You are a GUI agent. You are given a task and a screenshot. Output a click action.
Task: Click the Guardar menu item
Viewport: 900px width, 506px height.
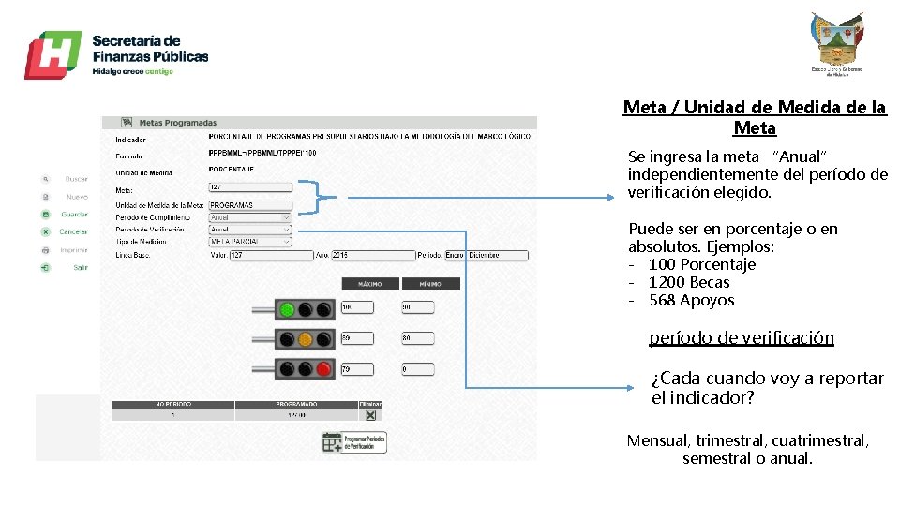[x=74, y=214]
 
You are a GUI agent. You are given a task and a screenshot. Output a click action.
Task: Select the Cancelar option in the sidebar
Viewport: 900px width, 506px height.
[x=73, y=231]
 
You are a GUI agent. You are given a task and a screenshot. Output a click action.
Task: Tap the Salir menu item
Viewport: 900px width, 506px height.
[x=81, y=267]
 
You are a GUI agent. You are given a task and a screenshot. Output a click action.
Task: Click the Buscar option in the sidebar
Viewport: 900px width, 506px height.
[x=76, y=178]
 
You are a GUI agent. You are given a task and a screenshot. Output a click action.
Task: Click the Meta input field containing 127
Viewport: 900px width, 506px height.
[x=249, y=187]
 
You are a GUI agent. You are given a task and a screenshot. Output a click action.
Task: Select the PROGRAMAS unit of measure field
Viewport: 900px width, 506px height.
[x=249, y=205]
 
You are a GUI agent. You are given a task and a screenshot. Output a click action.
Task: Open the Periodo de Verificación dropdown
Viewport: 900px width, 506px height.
[x=249, y=230]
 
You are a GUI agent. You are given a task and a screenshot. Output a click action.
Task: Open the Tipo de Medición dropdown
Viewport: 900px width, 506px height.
[x=249, y=242]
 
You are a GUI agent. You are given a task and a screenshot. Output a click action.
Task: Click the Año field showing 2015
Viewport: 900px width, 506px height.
[x=372, y=255]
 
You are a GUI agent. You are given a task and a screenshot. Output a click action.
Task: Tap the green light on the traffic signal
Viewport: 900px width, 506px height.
[x=287, y=309]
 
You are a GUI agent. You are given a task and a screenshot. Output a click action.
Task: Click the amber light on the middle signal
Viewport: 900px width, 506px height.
[x=305, y=339]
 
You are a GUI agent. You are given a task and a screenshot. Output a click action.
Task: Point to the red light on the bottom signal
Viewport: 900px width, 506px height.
[x=322, y=369]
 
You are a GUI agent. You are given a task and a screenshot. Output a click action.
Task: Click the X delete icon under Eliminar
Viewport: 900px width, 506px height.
[x=370, y=415]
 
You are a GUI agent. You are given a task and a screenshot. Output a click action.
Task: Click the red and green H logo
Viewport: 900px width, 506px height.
[x=52, y=54]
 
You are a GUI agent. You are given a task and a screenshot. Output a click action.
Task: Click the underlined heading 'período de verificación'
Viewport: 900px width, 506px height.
[x=741, y=338]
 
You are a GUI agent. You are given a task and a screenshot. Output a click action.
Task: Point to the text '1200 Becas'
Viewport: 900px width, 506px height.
[x=688, y=282]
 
